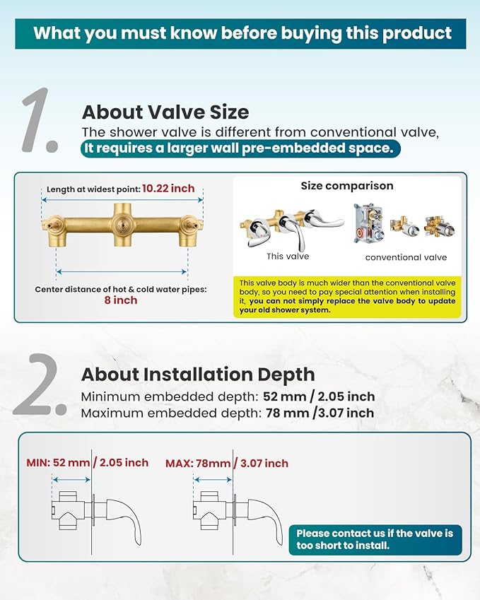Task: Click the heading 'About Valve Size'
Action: pyautogui.click(x=165, y=112)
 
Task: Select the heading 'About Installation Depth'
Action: pyautogui.click(x=198, y=375)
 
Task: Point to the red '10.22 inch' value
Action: pyautogui.click(x=168, y=189)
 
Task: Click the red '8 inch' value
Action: pyautogui.click(x=121, y=300)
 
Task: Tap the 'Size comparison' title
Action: pyautogui.click(x=347, y=186)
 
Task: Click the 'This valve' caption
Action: pyautogui.click(x=288, y=257)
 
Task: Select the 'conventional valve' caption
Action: pyautogui.click(x=406, y=257)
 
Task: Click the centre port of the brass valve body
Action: pyautogui.click(x=122, y=225)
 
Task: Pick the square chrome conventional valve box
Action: pyautogui.click(x=368, y=224)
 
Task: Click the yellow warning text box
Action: pyautogui.click(x=347, y=297)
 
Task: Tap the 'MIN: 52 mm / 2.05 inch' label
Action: pyautogui.click(x=87, y=463)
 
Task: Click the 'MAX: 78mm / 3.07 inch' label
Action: pyautogui.click(x=227, y=464)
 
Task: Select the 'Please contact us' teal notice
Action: pyautogui.click(x=375, y=539)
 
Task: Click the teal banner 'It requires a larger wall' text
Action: pyautogui.click(x=240, y=148)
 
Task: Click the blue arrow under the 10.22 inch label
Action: pyautogui.click(x=122, y=199)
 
